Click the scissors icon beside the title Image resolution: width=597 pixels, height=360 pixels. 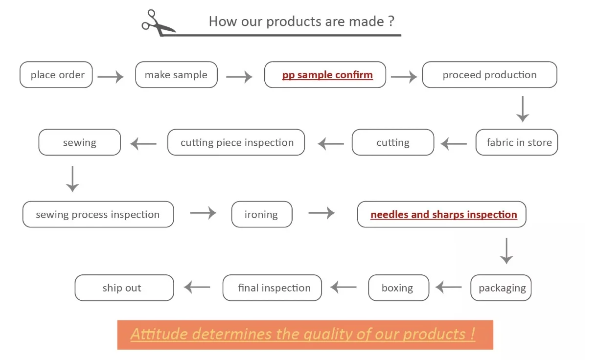[x=158, y=22]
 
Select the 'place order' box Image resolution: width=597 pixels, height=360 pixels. [x=56, y=75]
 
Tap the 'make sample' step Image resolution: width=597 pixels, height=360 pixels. [x=176, y=75]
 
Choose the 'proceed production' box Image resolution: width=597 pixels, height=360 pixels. [x=489, y=75]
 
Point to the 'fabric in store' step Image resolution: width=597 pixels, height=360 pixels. [x=517, y=142]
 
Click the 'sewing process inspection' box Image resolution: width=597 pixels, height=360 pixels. [x=98, y=214]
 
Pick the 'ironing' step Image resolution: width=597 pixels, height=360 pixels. [x=262, y=214]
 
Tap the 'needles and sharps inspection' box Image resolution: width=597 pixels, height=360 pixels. [x=442, y=214]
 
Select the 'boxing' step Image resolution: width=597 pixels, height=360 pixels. [x=398, y=288]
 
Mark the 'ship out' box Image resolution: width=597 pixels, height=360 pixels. [x=124, y=288]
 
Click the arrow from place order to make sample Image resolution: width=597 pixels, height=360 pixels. [x=111, y=77]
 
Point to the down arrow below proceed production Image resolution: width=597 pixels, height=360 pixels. [x=523, y=109]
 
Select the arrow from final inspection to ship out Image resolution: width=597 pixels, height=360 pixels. [x=197, y=287]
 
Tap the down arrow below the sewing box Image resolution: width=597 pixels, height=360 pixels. [x=72, y=179]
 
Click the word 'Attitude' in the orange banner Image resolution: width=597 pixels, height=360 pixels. [x=159, y=334]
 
